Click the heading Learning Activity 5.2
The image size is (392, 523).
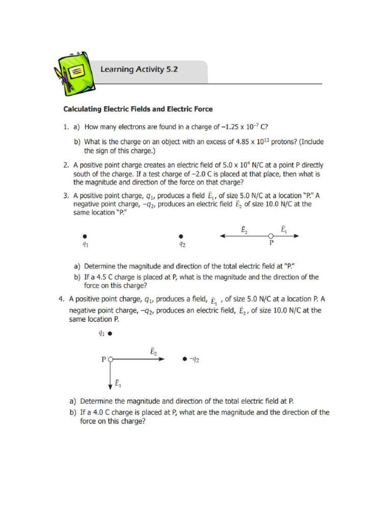click(139, 69)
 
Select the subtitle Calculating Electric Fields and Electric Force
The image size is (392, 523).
click(138, 109)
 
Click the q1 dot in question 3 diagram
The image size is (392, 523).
click(85, 236)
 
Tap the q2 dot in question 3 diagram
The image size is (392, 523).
click(181, 236)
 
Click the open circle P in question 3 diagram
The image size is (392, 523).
click(271, 236)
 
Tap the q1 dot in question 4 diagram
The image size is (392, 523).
click(110, 335)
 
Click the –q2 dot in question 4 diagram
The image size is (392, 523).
click(184, 360)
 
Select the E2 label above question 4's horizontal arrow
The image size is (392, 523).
click(153, 351)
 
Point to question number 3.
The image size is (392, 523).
click(66, 196)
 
